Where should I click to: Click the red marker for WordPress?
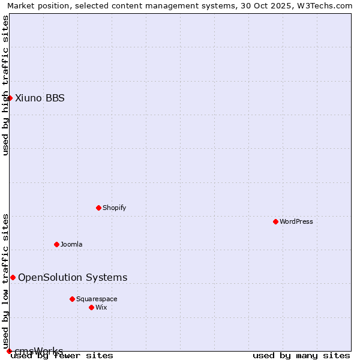click(275, 221)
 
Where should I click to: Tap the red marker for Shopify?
click(98, 208)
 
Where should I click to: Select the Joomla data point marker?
click(56, 244)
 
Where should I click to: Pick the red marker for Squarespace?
click(72, 299)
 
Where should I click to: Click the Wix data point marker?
click(91, 307)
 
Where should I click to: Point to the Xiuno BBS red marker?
click(10, 98)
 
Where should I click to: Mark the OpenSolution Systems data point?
click(13, 277)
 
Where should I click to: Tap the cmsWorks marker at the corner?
click(9, 351)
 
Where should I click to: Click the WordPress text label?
click(296, 221)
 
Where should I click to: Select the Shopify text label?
click(114, 208)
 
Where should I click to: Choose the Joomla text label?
click(71, 244)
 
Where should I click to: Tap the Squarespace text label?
click(97, 299)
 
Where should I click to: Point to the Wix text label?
click(101, 307)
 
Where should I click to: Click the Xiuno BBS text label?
click(40, 98)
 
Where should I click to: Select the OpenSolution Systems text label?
click(73, 277)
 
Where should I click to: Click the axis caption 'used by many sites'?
click(301, 356)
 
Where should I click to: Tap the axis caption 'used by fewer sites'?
click(62, 356)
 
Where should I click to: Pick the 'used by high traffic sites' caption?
click(5, 85)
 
